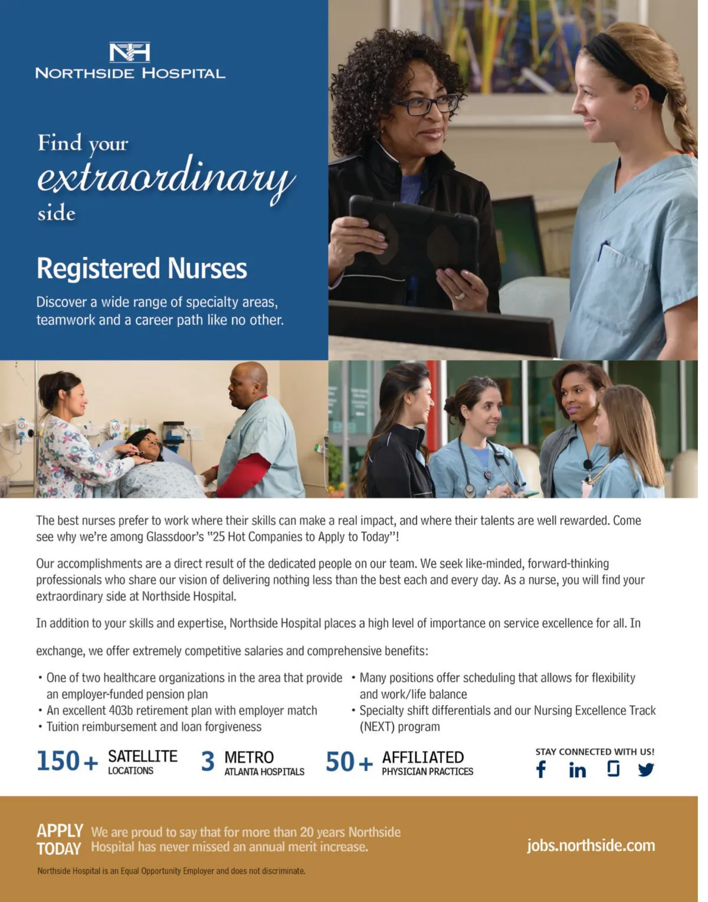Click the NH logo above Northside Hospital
coord(130,52)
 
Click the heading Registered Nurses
coord(142,269)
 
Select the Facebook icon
coord(541,769)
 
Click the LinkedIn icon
coord(578,770)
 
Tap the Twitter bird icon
coord(646,770)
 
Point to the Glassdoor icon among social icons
coord(613,769)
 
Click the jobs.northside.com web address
coord(591,845)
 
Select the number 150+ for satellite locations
coord(67,761)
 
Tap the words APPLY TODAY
coord(59,840)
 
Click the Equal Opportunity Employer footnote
coord(171,871)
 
